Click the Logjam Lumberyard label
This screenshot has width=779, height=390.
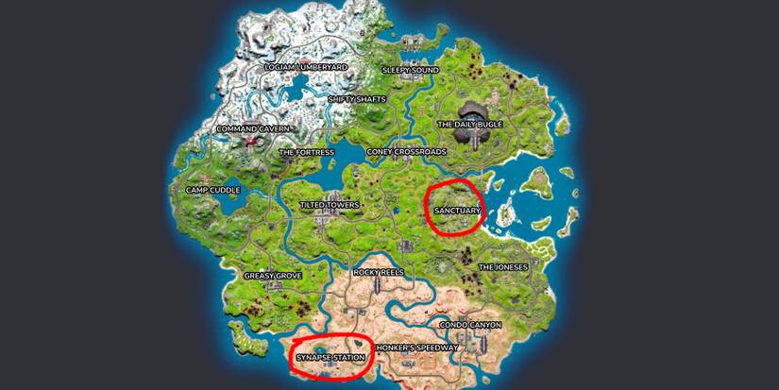pyautogui.click(x=306, y=67)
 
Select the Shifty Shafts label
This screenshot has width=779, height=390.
pyautogui.click(x=357, y=98)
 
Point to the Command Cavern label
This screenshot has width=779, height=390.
pyautogui.click(x=251, y=129)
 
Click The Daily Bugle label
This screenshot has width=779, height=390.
pyautogui.click(x=469, y=124)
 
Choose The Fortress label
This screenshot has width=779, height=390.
pyautogui.click(x=307, y=151)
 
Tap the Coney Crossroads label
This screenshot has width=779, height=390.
pyautogui.click(x=406, y=151)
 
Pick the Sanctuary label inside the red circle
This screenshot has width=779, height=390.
pyautogui.click(x=457, y=210)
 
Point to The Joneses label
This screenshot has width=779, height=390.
pyautogui.click(x=503, y=267)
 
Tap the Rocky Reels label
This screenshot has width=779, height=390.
pyautogui.click(x=379, y=272)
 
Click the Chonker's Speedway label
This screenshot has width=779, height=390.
pyautogui.click(x=417, y=348)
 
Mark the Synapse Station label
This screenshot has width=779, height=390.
pyautogui.click(x=330, y=357)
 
